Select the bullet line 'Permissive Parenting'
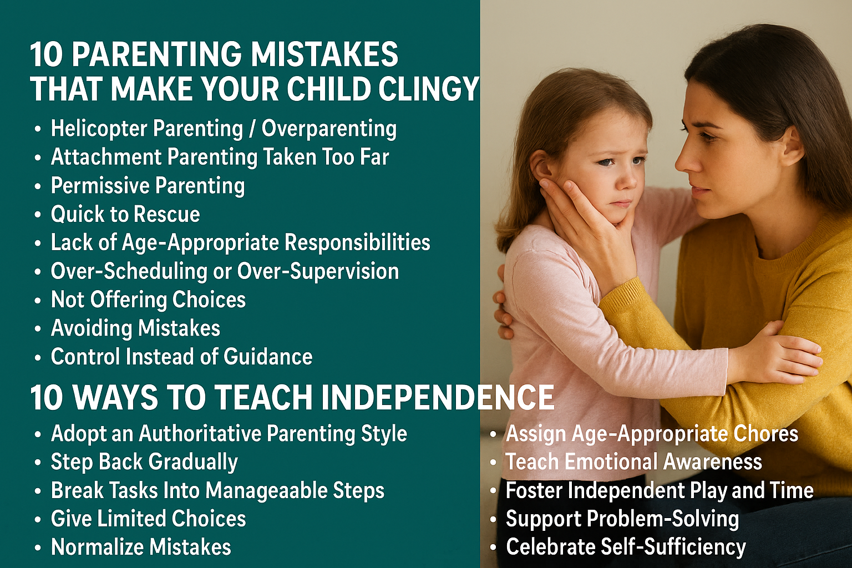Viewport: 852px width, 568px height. tap(148, 186)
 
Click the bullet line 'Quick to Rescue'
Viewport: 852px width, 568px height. tap(125, 214)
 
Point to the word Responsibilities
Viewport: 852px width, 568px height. tap(358, 243)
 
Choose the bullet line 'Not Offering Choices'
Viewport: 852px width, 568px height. tap(148, 300)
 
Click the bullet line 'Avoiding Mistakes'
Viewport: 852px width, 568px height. tap(136, 328)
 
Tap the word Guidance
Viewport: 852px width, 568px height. tap(268, 357)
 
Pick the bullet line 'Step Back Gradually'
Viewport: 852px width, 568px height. tap(145, 462)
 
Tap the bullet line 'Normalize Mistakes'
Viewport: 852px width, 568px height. tap(141, 547)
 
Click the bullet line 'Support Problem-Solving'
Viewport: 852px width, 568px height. tap(622, 519)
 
